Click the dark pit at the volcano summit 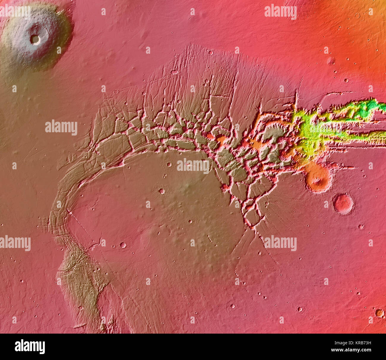(35, 39)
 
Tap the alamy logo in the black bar (30, 347)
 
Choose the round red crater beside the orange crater (343, 204)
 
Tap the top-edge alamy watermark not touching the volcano (280, 12)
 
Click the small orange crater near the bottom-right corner (379, 313)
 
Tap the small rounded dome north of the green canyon (330, 61)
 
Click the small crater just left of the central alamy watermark (169, 164)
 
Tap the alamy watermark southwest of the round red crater (280, 243)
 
